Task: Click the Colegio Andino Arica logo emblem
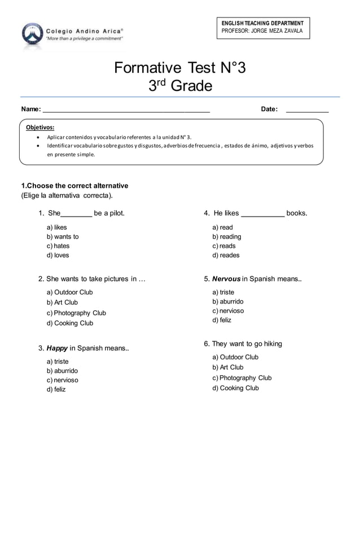32,34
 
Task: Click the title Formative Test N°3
180,68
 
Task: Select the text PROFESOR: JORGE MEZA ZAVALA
262,30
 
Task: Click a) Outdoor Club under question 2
69,292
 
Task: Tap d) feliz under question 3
56,390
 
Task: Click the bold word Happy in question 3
56,348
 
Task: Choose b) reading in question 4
226,237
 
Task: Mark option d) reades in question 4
226,256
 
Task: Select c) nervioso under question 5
228,311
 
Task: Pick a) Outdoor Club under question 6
235,357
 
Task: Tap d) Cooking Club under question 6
235,388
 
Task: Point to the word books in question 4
297,213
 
